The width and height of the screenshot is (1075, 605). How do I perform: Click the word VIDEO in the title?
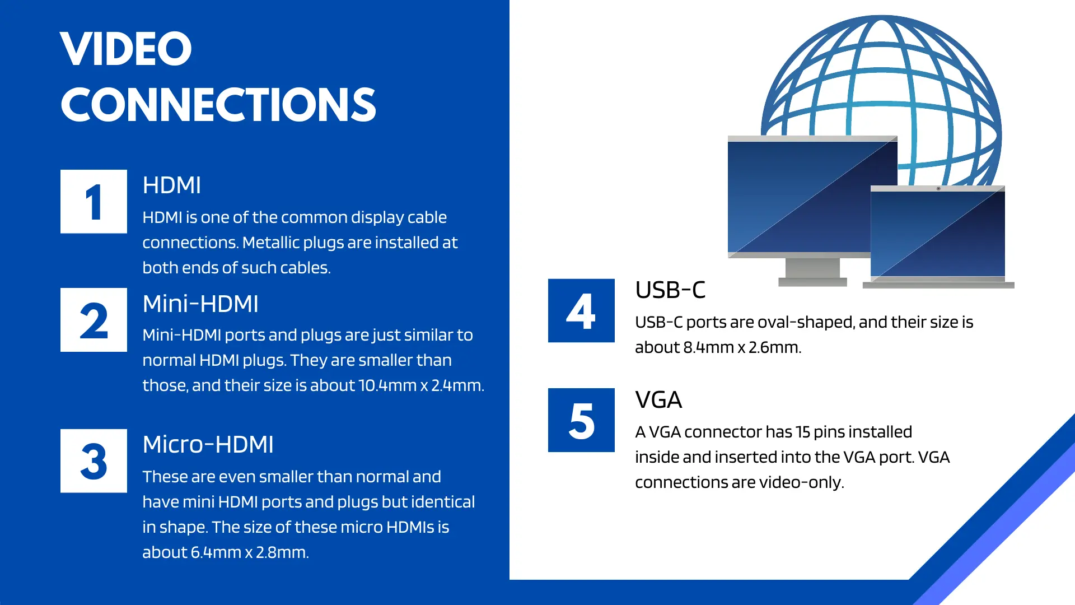tap(126, 49)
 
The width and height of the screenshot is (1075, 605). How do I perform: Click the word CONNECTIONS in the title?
tap(218, 105)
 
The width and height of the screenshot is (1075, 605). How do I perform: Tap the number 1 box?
tap(94, 202)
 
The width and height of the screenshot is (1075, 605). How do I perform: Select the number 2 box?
tap(94, 320)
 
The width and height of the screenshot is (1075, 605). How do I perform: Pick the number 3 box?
tap(94, 461)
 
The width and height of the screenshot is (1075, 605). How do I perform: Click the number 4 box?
tap(581, 310)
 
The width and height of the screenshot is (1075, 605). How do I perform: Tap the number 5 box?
tap(581, 420)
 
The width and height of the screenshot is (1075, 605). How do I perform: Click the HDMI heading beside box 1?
tap(171, 185)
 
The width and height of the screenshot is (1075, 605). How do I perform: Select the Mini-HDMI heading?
tap(200, 304)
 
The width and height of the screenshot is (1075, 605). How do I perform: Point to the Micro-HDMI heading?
tap(208, 444)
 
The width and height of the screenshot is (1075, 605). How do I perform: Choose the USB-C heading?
tap(670, 290)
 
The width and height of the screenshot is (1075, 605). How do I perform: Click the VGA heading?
tap(658, 400)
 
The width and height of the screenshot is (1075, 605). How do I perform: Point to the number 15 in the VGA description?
tap(803, 432)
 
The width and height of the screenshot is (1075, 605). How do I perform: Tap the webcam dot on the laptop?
tap(938, 189)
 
